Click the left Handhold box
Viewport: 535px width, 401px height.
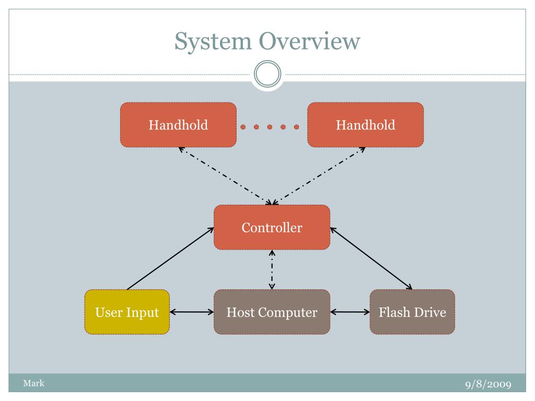click(x=179, y=125)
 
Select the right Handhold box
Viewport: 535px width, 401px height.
click(x=365, y=125)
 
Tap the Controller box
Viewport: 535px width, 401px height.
click(x=272, y=228)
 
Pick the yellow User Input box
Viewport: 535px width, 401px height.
click(x=127, y=312)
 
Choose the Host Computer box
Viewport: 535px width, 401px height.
click(x=272, y=312)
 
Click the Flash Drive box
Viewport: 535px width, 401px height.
click(x=412, y=312)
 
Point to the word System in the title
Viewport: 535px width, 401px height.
click(x=213, y=42)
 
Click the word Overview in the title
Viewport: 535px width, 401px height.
click(x=309, y=41)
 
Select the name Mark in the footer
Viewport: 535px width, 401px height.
click(x=34, y=383)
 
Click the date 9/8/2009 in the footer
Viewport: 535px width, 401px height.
click(x=489, y=384)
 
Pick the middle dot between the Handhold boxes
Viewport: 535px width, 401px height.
click(x=270, y=127)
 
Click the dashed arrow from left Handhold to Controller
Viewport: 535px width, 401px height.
click(x=225, y=176)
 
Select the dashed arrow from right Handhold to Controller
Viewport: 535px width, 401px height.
click(x=319, y=176)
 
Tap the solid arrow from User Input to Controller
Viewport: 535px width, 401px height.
click(x=170, y=259)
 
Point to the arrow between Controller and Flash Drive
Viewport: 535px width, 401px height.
click(x=371, y=259)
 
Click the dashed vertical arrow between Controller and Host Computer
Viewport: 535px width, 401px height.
click(x=272, y=270)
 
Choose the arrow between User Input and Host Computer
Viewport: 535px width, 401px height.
click(x=191, y=312)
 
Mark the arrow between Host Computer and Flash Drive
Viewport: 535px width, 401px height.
click(x=350, y=312)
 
